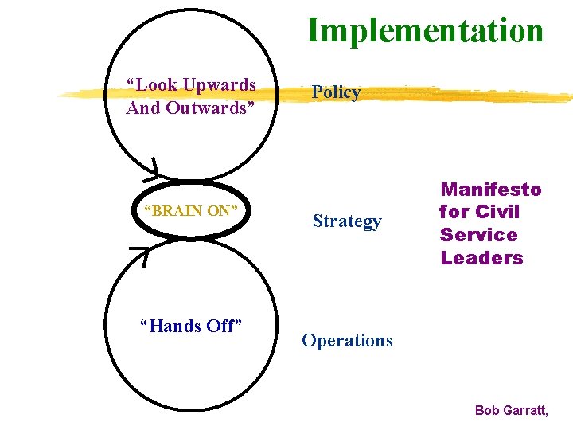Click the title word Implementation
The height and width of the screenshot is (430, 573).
pyautogui.click(x=425, y=30)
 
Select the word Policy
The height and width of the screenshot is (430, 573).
pyautogui.click(x=336, y=92)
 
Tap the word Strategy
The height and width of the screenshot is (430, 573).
pyautogui.click(x=347, y=221)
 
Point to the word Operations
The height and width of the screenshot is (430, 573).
pyautogui.click(x=347, y=341)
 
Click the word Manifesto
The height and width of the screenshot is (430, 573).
pyautogui.click(x=491, y=190)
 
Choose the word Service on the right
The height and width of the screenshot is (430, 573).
pyautogui.click(x=478, y=235)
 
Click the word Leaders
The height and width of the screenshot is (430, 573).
pyautogui.click(x=481, y=258)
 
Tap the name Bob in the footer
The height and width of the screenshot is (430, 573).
pyautogui.click(x=488, y=411)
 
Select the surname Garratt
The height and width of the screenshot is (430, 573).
pyautogui.click(x=526, y=411)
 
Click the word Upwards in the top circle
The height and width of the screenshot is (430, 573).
pyautogui.click(x=219, y=85)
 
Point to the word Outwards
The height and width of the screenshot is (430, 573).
pyautogui.click(x=209, y=107)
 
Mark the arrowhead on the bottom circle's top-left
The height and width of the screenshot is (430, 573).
pyautogui.click(x=140, y=254)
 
